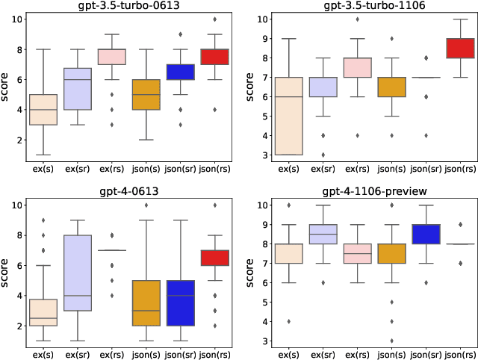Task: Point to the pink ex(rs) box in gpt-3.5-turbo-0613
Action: (113, 57)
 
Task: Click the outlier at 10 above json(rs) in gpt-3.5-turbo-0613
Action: (215, 19)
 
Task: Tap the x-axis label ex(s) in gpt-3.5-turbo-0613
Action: (44, 168)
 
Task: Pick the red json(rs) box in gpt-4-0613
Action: (215, 258)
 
